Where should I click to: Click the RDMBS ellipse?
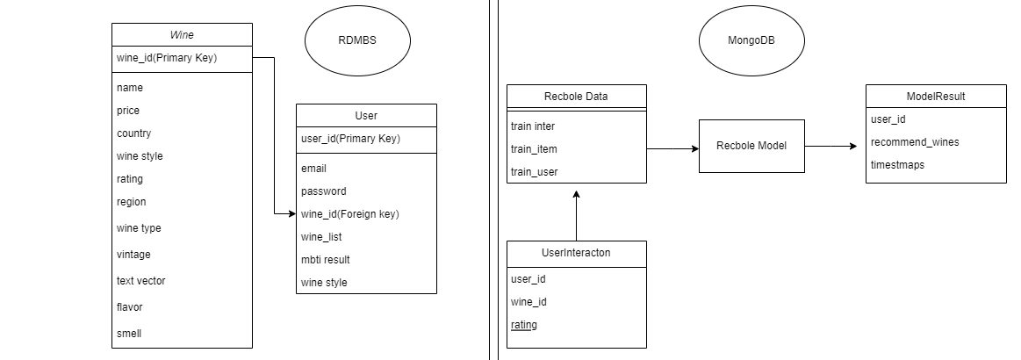357,41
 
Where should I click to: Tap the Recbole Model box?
751,146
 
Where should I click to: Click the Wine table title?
182,35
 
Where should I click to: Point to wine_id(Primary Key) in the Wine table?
166,59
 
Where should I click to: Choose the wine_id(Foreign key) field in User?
343,213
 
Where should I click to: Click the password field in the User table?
323,191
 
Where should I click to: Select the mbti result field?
325,259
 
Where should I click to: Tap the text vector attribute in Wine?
140,281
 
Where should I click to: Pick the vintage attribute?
133,255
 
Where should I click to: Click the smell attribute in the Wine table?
129,334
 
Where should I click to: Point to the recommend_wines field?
915,141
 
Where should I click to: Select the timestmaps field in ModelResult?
897,164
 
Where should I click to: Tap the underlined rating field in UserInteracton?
524,325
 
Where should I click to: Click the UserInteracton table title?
576,252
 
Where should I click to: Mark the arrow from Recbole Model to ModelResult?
830,146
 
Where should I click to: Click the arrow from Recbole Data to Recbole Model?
672,149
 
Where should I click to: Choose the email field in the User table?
313,168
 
